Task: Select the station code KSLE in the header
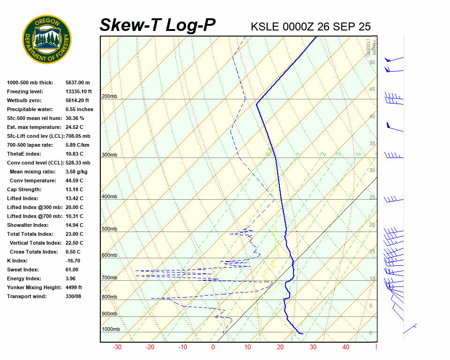coord(265,26)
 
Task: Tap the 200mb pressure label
coord(109,97)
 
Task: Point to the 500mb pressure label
coord(109,229)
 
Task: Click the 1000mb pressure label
coord(111,330)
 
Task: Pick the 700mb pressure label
coord(109,278)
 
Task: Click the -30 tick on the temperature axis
coord(117,347)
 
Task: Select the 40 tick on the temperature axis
coord(346,347)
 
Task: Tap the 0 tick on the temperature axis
coord(213,347)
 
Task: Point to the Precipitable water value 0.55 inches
coord(79,109)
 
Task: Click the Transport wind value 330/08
coord(74,296)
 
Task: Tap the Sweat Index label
coord(23,270)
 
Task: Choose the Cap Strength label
coord(24,189)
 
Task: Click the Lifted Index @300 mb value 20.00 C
coord(74,207)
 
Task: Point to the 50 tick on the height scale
coord(372,62)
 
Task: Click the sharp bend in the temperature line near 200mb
coord(257,104)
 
